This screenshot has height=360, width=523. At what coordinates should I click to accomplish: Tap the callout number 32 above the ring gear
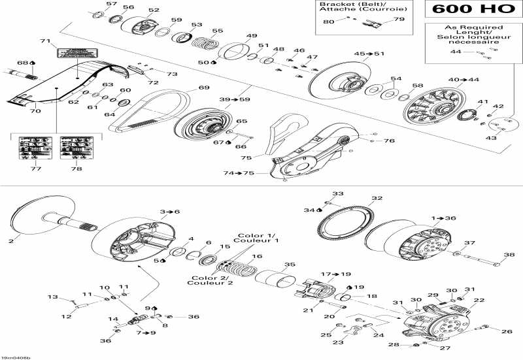(377, 199)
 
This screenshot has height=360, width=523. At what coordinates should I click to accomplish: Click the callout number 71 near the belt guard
(45, 41)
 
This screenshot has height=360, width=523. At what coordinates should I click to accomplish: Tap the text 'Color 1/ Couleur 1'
(261, 238)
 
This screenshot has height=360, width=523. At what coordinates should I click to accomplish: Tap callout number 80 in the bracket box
(328, 22)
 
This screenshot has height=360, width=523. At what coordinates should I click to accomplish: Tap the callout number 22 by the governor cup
(479, 301)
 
